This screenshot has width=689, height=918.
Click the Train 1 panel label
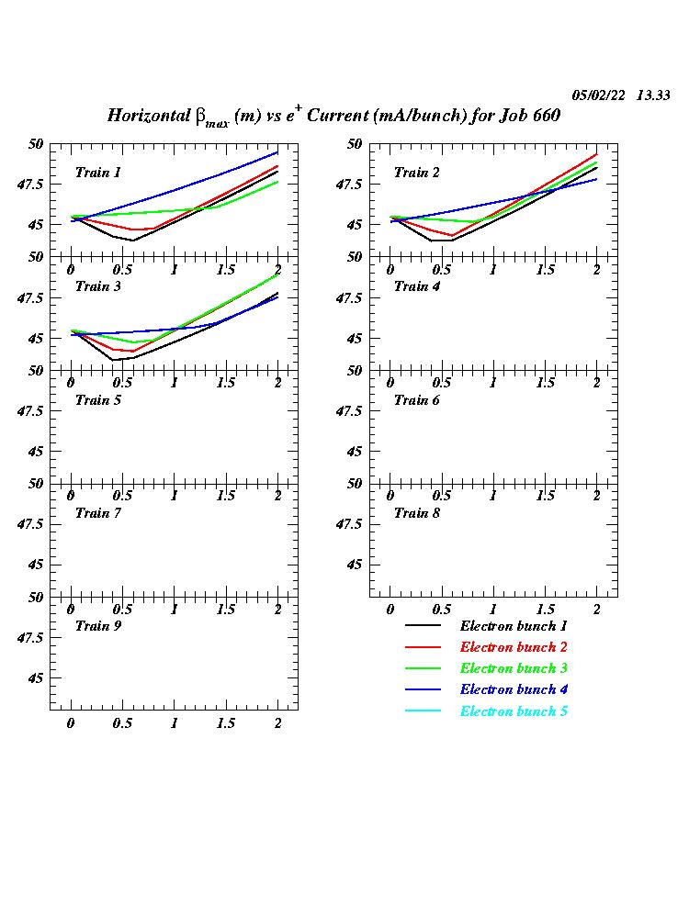[x=98, y=173]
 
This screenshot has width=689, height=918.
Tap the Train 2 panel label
[x=417, y=173]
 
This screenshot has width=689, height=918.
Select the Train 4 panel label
[x=417, y=286]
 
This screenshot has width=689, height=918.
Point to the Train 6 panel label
[x=417, y=400]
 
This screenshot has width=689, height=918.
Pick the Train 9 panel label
[x=98, y=626]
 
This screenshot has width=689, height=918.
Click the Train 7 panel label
[x=98, y=513]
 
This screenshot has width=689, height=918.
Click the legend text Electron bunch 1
[x=514, y=626]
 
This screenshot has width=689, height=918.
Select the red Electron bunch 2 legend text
[x=514, y=647]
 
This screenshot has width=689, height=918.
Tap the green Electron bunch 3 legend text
[x=514, y=668]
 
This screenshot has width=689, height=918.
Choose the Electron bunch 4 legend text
[x=514, y=689]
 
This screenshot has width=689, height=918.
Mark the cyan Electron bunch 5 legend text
[x=514, y=711]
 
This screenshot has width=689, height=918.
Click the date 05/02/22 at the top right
[x=598, y=95]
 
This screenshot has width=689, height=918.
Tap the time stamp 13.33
[x=653, y=95]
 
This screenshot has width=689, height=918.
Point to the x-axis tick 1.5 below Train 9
[x=225, y=723]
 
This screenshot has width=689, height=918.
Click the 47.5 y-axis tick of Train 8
[x=352, y=523]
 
